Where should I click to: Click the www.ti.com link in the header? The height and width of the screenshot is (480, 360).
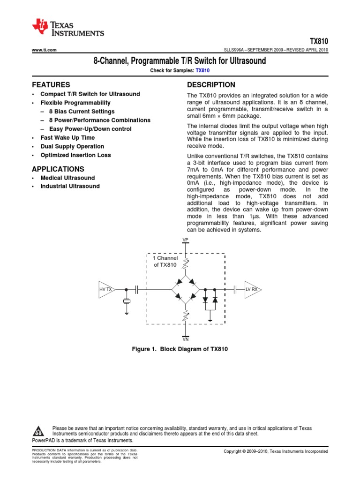tap(44, 50)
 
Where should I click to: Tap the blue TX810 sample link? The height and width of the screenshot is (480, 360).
tap(202, 70)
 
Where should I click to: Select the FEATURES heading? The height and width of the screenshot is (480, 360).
tap(51, 85)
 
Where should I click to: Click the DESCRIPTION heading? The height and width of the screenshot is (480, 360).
tap(211, 85)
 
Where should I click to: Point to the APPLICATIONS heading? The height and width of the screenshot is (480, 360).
tap(58, 169)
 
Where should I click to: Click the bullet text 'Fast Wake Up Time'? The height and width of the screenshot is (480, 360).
tap(67, 138)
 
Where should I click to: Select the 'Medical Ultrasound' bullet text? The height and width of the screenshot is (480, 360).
tap(67, 178)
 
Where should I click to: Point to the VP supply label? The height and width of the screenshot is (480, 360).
tap(186, 240)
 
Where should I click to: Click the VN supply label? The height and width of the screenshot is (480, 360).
tap(186, 338)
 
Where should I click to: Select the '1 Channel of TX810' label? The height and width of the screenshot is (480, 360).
tap(165, 262)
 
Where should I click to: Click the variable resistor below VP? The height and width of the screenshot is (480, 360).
tap(186, 264)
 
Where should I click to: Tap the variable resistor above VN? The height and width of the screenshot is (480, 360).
tap(186, 316)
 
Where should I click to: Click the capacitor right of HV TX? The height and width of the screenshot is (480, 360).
tap(136, 290)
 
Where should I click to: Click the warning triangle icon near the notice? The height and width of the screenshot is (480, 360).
tap(39, 431)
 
